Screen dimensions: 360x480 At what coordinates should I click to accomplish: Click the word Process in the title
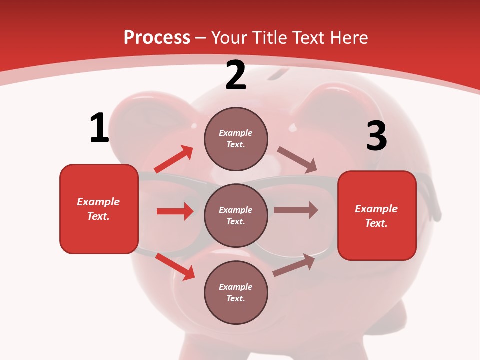click(x=157, y=38)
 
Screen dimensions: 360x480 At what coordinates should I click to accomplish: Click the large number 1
click(x=99, y=128)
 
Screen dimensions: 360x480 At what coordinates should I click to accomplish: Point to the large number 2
click(x=236, y=75)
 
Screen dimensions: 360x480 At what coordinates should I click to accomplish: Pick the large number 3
click(x=376, y=136)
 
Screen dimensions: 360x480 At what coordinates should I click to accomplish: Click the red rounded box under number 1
click(x=99, y=209)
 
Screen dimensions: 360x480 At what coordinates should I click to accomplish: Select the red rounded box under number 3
click(x=377, y=215)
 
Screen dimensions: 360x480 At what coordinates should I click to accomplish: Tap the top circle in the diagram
click(x=236, y=139)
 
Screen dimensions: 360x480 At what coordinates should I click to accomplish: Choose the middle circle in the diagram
click(x=236, y=215)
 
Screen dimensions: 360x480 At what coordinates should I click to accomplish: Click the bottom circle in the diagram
click(x=236, y=292)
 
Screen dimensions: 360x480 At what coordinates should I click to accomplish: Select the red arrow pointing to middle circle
click(x=175, y=211)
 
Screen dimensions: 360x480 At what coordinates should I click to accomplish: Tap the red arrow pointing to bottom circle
click(x=175, y=266)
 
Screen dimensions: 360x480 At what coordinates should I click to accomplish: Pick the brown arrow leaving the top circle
click(x=297, y=160)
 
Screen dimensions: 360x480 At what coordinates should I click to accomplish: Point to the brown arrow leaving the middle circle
click(x=296, y=210)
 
